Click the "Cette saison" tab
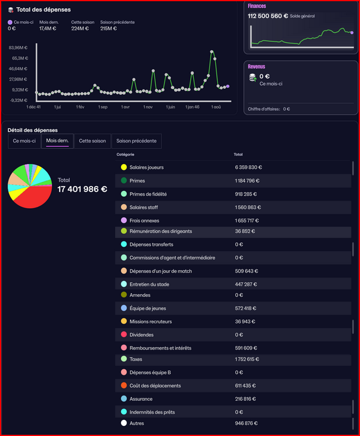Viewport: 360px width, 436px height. pyautogui.click(x=92, y=141)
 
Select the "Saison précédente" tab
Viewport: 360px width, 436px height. pyautogui.click(x=136, y=141)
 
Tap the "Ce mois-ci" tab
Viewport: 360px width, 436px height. pyautogui.click(x=24, y=141)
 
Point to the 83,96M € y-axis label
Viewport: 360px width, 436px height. pyautogui.click(x=18, y=48)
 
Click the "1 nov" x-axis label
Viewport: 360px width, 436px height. pyautogui.click(x=148, y=107)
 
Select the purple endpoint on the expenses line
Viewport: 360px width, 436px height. pyautogui.click(x=228, y=86)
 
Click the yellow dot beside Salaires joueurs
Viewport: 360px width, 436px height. pyautogui.click(x=124, y=167)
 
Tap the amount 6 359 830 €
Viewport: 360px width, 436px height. pyautogui.click(x=249, y=168)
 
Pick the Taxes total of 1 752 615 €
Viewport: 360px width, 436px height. pyautogui.click(x=247, y=359)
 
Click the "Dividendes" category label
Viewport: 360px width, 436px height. pyautogui.click(x=141, y=335)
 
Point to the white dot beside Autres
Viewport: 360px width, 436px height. pyautogui.click(x=124, y=423)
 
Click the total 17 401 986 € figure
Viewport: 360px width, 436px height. pyautogui.click(x=82, y=189)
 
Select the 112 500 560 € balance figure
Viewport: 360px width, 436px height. pyautogui.click(x=268, y=16)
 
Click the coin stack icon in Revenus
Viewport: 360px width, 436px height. pyautogui.click(x=253, y=78)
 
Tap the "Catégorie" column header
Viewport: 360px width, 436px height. pyautogui.click(x=125, y=154)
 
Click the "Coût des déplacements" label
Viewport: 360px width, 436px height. pyautogui.click(x=155, y=386)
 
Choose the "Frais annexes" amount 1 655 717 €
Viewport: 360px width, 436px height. pyautogui.click(x=247, y=221)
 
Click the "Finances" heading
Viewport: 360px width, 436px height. pyautogui.click(x=257, y=6)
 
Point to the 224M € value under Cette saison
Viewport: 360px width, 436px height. pyautogui.click(x=80, y=29)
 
